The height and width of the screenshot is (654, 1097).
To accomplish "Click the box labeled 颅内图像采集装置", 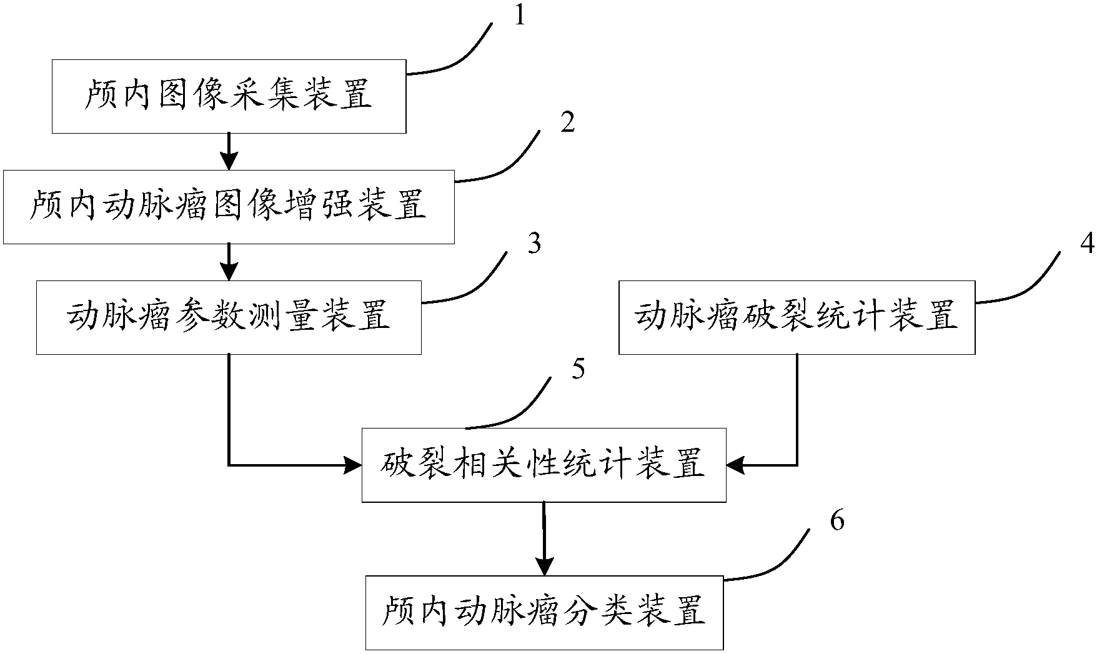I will point(229,96).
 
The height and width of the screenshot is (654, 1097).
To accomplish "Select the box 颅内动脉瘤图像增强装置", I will point(229,206).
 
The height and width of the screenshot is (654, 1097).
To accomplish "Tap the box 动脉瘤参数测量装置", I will point(229,317).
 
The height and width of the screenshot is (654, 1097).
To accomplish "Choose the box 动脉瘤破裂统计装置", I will point(797,317).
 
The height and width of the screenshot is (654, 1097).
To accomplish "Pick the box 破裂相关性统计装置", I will point(544,465).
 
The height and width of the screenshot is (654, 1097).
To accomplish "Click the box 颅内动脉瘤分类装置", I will point(544,612).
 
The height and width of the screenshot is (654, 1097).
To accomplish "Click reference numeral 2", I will point(567,123).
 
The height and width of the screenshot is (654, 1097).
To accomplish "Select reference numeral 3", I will point(534,244).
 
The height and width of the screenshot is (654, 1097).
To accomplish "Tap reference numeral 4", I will point(1087,244).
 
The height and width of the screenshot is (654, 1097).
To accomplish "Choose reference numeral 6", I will point(837,520).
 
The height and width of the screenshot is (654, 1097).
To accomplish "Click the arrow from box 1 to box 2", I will point(229,151).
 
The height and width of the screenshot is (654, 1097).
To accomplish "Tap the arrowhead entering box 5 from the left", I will point(354,465).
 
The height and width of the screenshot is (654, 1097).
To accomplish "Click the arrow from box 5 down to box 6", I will point(544,538).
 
